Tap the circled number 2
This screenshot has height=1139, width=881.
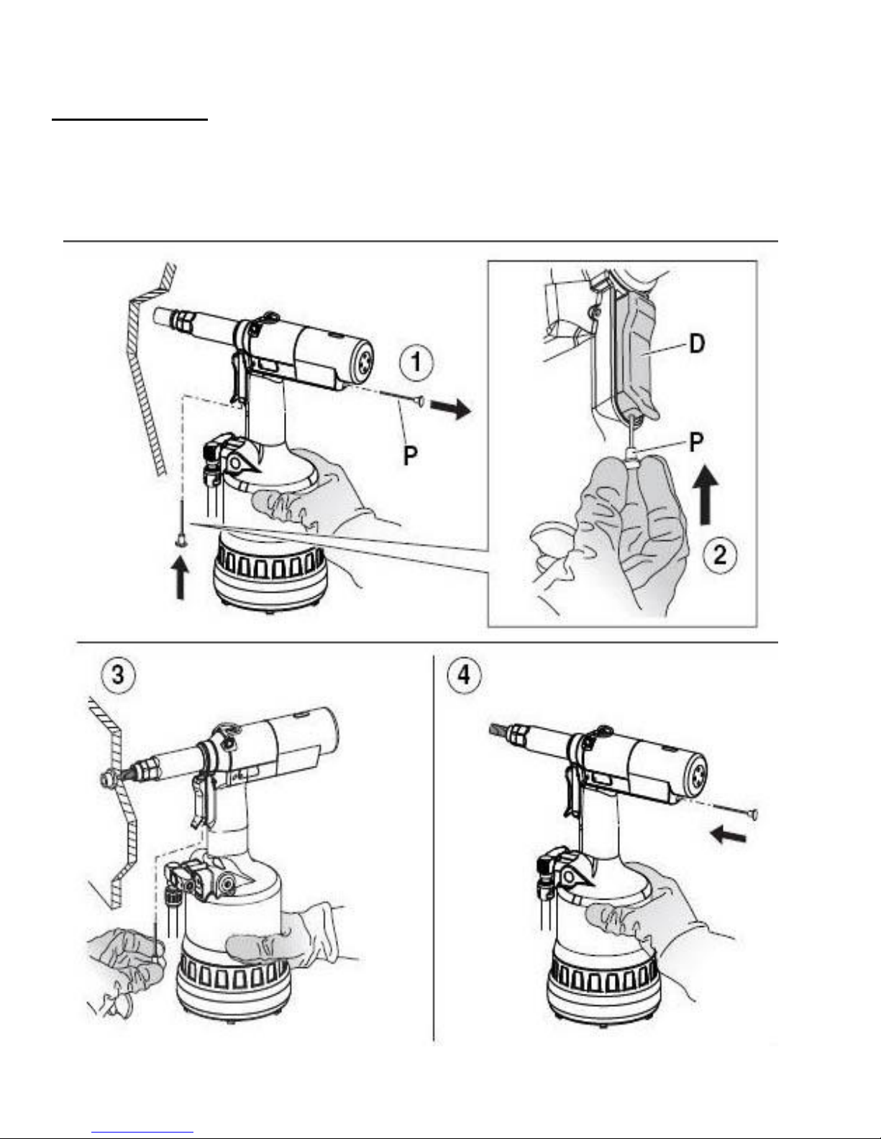point(720,555)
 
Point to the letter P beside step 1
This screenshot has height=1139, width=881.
point(410,454)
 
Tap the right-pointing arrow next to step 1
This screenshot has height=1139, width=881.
point(450,410)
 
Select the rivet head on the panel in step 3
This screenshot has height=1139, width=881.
point(107,778)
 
